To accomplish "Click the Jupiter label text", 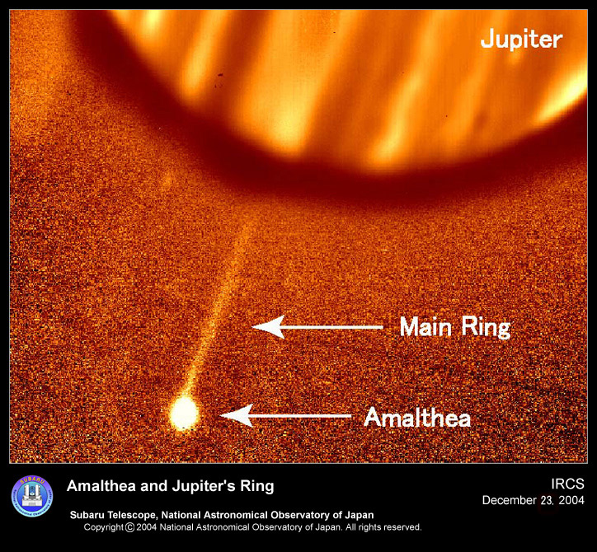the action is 521,40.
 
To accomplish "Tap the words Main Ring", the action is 455,327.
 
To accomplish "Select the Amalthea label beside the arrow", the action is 417,418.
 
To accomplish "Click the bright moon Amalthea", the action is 184,413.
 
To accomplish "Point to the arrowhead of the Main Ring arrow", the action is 268,327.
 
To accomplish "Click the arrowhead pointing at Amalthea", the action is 237,415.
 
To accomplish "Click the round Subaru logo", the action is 32,496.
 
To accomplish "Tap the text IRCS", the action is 567,484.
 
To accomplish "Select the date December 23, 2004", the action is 533,500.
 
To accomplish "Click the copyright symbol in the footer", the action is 129,527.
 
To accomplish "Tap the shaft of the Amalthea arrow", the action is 302,416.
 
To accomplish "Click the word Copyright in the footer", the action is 104,527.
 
